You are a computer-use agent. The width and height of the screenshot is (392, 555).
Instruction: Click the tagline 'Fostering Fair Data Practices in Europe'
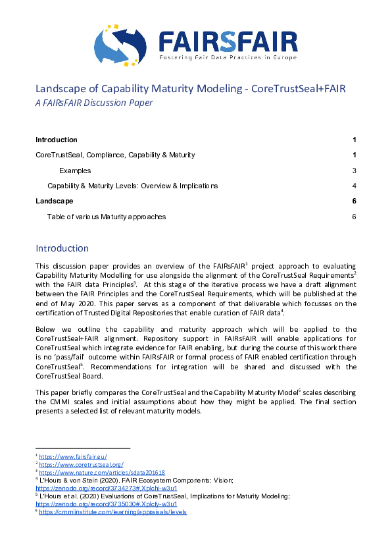pos(228,59)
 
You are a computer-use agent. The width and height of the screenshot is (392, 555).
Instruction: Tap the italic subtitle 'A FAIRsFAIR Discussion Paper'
pos(94,102)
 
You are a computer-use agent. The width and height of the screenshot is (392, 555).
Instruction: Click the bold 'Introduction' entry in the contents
pos(57,140)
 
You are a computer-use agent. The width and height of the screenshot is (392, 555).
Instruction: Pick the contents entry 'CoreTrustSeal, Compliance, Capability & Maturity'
pos(115,155)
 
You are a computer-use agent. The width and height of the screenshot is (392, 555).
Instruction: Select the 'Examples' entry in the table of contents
pos(75,171)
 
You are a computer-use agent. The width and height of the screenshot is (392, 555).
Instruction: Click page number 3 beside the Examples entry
pos(354,171)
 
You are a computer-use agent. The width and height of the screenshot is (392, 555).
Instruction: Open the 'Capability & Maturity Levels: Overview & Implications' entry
pos(132,186)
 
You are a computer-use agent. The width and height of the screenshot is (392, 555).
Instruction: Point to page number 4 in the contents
pos(354,186)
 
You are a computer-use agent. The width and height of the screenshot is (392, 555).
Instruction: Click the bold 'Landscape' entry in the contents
pos(55,201)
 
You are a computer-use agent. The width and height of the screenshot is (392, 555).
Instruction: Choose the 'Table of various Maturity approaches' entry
pos(107,217)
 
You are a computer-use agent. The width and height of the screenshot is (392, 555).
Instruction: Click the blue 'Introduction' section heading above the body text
pos(62,248)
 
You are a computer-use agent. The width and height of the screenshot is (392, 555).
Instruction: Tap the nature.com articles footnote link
pos(101,472)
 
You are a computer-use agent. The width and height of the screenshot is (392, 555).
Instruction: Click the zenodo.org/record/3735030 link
pos(107,504)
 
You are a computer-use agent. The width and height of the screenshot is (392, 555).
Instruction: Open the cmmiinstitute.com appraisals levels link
pos(112,512)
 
